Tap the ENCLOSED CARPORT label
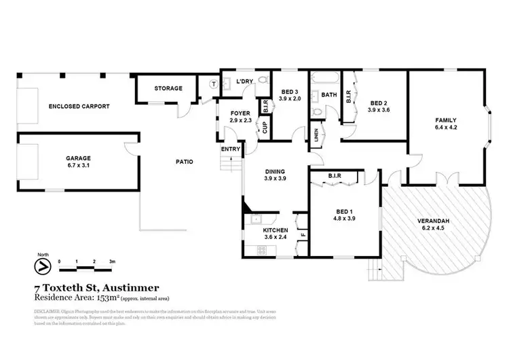pyautogui.click(x=79, y=107)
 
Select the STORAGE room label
pyautogui.click(x=168, y=88)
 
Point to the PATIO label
pyautogui.click(x=184, y=162)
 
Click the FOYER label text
pyautogui.click(x=241, y=113)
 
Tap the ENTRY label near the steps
pyautogui.click(x=229, y=149)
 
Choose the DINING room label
pyautogui.click(x=274, y=171)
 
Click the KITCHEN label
pyautogui.click(x=276, y=231)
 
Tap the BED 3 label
pyautogui.click(x=290, y=92)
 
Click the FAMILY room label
pyautogui.click(x=446, y=120)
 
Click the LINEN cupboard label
pyautogui.click(x=315, y=133)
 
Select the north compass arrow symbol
pyautogui.click(x=43, y=266)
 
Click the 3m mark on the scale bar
pyautogui.click(x=112, y=261)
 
